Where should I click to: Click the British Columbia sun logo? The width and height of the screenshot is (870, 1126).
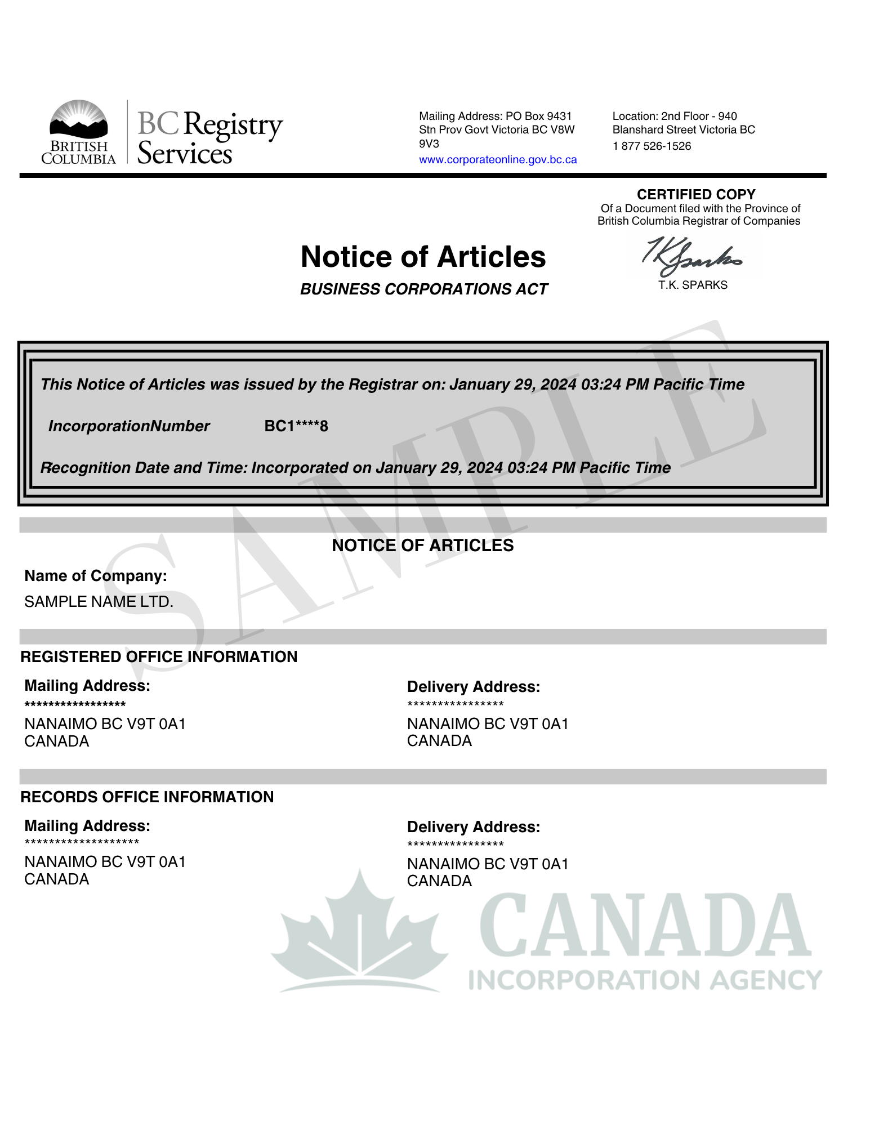click(x=78, y=119)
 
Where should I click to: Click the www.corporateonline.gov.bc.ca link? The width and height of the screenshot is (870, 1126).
click(x=497, y=160)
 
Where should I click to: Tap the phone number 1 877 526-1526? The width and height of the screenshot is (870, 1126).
click(x=652, y=146)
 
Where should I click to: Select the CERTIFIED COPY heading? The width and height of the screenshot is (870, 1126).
click(x=695, y=194)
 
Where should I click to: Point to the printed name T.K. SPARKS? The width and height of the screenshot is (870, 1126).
click(x=693, y=285)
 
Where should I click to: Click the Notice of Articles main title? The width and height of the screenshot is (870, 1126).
click(x=423, y=257)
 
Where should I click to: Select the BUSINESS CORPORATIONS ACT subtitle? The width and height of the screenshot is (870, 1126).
click(x=423, y=289)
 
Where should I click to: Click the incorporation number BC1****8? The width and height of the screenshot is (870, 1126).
click(x=296, y=426)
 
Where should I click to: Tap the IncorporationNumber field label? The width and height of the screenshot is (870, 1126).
click(x=129, y=426)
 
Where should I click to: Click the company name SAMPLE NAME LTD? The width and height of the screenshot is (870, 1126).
click(x=99, y=602)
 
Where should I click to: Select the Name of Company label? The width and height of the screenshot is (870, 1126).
click(x=96, y=576)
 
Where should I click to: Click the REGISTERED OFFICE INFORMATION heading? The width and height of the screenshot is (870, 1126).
click(x=159, y=657)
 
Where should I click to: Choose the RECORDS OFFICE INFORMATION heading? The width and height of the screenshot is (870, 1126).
click(x=147, y=797)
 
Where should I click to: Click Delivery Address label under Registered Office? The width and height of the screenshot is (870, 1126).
click(x=473, y=687)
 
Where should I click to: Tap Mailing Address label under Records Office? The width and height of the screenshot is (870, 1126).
click(x=87, y=826)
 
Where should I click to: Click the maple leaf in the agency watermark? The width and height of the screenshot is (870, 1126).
click(x=359, y=935)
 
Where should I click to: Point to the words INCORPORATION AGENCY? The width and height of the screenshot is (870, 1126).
click(x=645, y=980)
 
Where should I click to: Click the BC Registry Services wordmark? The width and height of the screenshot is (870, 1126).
click(x=209, y=138)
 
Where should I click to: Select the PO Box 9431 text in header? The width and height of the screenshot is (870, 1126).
click(x=538, y=117)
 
